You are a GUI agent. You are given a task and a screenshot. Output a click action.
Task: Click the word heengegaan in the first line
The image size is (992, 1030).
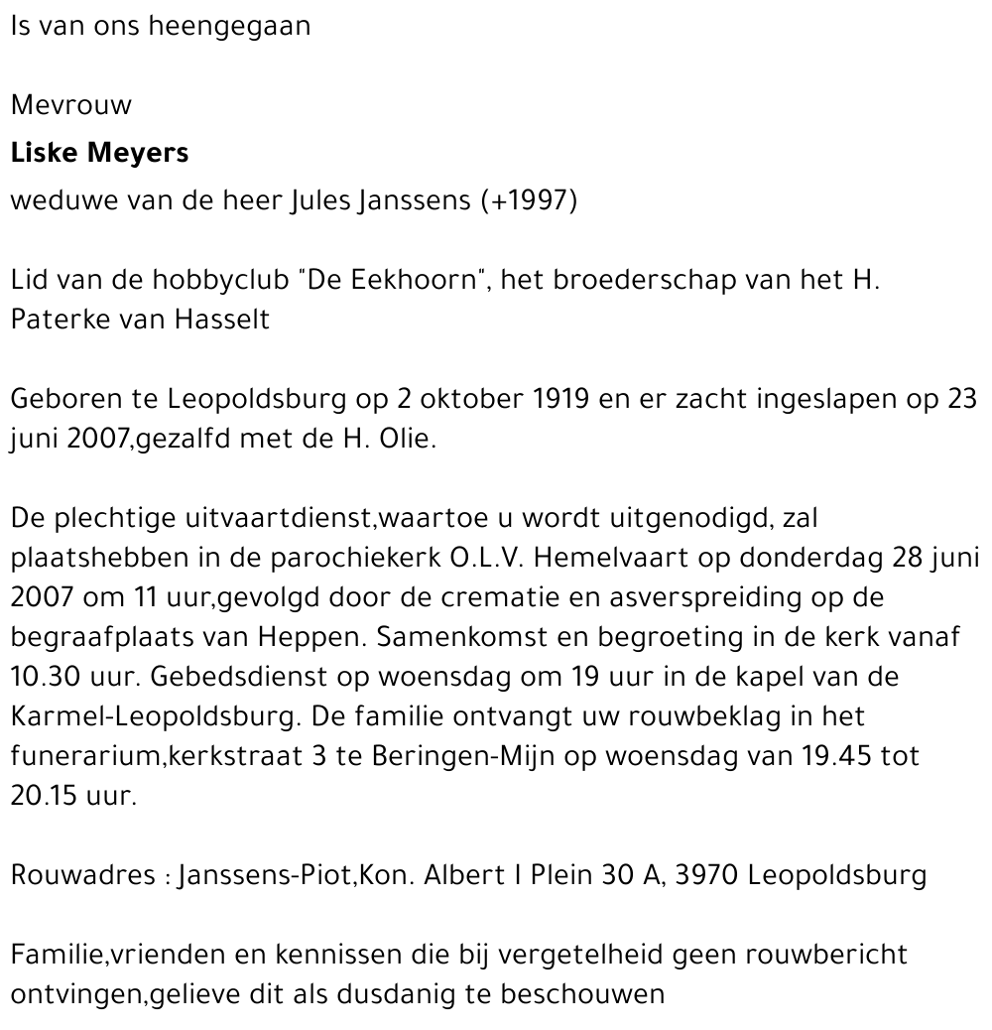[x=228, y=27]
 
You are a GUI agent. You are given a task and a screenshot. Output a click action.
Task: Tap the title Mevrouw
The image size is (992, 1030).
[x=70, y=105]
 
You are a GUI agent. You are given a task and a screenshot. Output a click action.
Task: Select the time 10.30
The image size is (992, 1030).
[x=49, y=677]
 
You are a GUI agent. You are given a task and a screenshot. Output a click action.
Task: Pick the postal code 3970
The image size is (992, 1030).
[x=705, y=875]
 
